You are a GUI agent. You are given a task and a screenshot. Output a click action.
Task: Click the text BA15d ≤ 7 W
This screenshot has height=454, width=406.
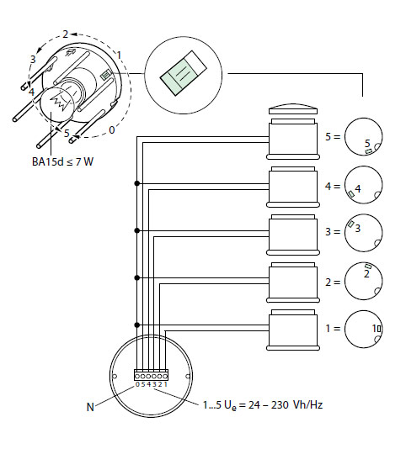62,161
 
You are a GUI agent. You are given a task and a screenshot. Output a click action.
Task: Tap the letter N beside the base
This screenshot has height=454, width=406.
90,407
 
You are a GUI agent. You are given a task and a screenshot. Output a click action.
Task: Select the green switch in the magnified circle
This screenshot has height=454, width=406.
184,73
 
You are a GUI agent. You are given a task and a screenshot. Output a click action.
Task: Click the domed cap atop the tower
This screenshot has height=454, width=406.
293,109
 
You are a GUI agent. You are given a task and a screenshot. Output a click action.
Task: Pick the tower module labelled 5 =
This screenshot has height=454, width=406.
293,139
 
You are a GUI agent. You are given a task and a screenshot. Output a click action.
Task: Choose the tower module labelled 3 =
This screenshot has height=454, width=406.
293,235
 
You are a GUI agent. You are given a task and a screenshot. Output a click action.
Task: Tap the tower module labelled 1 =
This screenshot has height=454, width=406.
293,330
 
